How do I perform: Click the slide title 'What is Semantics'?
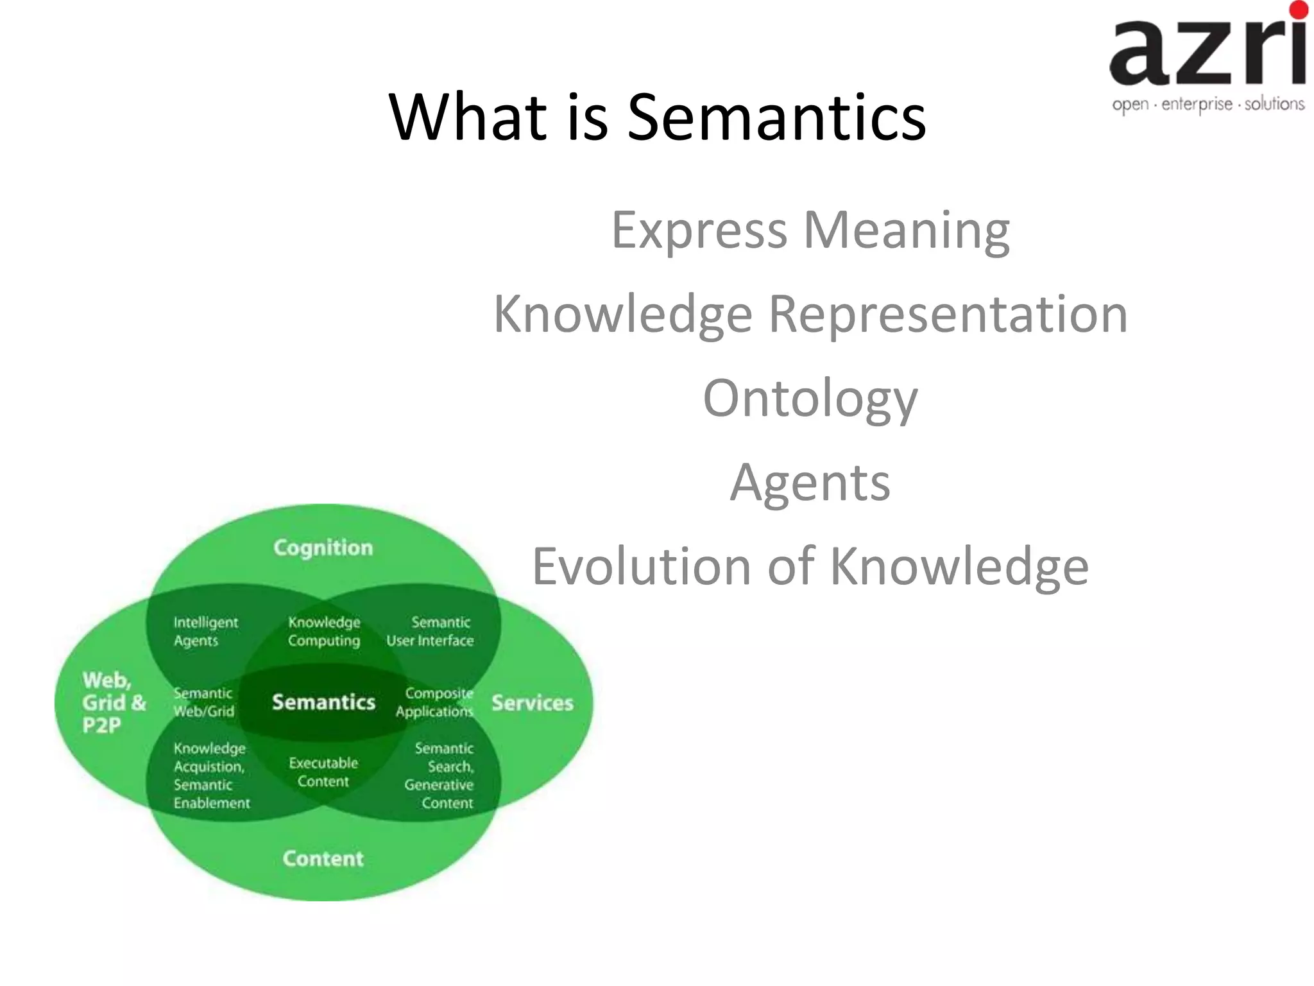657,117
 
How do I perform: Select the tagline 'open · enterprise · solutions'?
1208,104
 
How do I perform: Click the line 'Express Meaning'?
810,230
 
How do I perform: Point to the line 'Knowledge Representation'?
810,314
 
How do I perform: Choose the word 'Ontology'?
810,398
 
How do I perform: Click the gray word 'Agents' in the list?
810,482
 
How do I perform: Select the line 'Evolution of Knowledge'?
810,566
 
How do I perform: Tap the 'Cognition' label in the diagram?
323,548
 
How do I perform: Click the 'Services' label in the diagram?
533,703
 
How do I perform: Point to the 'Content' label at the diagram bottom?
323,859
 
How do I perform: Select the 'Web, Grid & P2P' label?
114,702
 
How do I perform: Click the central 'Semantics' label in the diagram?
323,702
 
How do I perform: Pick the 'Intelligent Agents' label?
205,632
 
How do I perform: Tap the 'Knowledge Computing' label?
324,632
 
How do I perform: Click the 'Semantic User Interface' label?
431,632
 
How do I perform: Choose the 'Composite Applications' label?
435,702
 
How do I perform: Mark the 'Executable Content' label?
323,772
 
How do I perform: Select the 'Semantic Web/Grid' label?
203,702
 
